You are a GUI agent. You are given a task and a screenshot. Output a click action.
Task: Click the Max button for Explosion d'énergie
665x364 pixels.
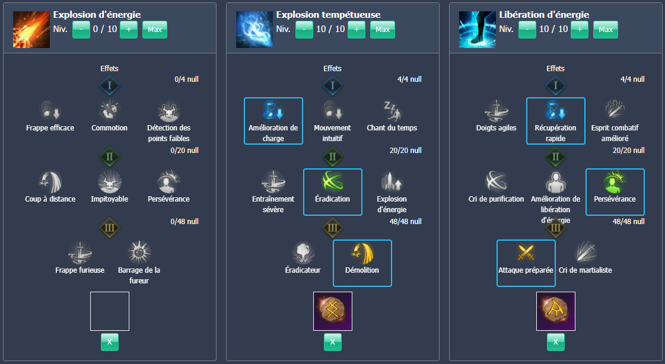point(155,30)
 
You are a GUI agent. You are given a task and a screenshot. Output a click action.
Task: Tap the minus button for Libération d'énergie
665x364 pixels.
point(527,30)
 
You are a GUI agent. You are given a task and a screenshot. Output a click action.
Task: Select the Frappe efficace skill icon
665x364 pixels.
point(50,110)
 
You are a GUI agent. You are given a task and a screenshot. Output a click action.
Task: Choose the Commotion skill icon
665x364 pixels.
point(109,110)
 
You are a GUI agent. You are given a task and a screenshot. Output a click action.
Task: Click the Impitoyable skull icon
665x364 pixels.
point(109,181)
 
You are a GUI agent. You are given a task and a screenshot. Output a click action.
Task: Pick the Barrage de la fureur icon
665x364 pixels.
point(139,253)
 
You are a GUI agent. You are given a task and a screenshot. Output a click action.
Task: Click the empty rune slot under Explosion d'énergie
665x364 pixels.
point(109,311)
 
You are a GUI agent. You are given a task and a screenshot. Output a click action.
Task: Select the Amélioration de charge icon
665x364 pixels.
point(273,110)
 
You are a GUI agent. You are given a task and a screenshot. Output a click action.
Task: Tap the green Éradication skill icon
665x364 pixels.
point(332,181)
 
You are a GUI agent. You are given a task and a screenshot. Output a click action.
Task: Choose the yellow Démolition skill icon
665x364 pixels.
point(362,253)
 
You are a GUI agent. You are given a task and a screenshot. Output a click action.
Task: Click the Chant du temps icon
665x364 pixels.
point(392,110)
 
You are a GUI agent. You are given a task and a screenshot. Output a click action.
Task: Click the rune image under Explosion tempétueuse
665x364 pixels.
point(332,311)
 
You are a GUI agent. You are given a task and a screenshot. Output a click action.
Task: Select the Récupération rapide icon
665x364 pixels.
point(555,110)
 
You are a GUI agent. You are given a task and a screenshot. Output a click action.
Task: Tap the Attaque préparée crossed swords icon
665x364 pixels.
point(526,253)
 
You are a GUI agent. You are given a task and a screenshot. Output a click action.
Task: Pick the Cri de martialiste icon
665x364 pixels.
point(585,253)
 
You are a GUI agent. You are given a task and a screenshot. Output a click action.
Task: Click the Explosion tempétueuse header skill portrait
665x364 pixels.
point(254,30)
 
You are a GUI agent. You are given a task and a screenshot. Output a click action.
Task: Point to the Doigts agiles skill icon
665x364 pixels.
point(497,110)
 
